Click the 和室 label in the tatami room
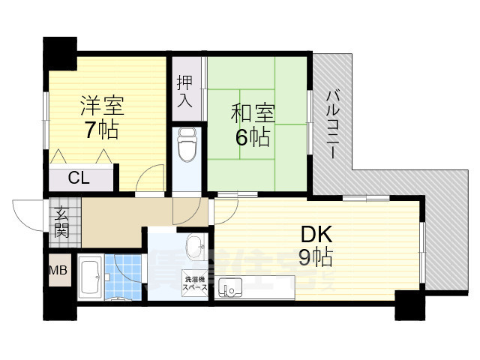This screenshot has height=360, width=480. coord(252,113)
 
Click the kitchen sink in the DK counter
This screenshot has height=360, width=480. coord(231,286)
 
